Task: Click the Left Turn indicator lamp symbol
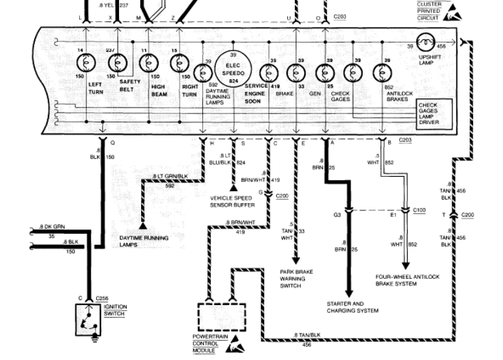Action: [x=85, y=63]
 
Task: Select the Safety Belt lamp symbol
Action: [x=118, y=63]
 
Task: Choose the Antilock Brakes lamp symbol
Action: [x=385, y=73]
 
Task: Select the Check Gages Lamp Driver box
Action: [x=437, y=114]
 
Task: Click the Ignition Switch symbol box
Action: [x=88, y=319]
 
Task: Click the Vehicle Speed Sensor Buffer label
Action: [x=233, y=201]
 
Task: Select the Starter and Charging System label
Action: [x=352, y=307]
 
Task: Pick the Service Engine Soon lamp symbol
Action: [x=269, y=73]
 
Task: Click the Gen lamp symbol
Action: [x=325, y=73]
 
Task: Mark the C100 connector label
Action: [x=420, y=210]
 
